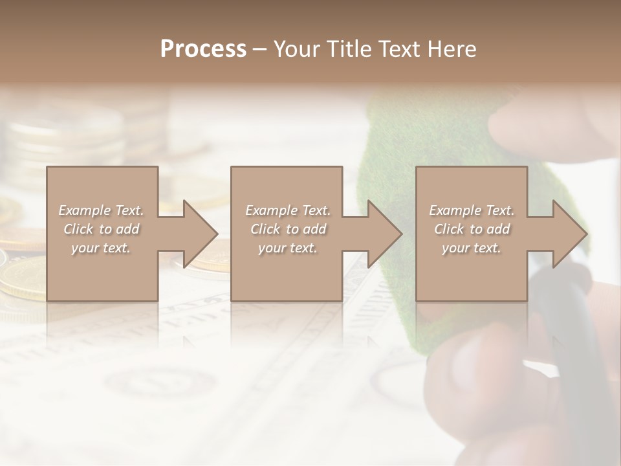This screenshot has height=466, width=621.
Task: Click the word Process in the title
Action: point(203,49)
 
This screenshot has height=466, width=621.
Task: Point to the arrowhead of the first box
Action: point(197,234)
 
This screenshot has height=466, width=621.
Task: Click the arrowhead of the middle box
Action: point(382,234)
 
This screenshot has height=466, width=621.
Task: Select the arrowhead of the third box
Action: point(567,234)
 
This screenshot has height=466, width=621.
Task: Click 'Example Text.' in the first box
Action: point(101,210)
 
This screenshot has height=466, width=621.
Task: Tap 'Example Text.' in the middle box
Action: point(287,210)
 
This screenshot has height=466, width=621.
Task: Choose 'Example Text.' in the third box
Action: point(472,210)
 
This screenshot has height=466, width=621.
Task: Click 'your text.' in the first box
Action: point(101,248)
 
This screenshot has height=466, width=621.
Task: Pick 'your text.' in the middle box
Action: point(287,248)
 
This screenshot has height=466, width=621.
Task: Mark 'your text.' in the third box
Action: point(472,248)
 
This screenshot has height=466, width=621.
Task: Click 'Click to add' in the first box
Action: point(101,229)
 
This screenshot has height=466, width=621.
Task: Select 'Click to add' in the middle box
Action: point(287,229)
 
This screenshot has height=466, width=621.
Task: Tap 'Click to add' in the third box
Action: point(472,229)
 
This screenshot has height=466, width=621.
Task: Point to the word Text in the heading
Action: point(400,49)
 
